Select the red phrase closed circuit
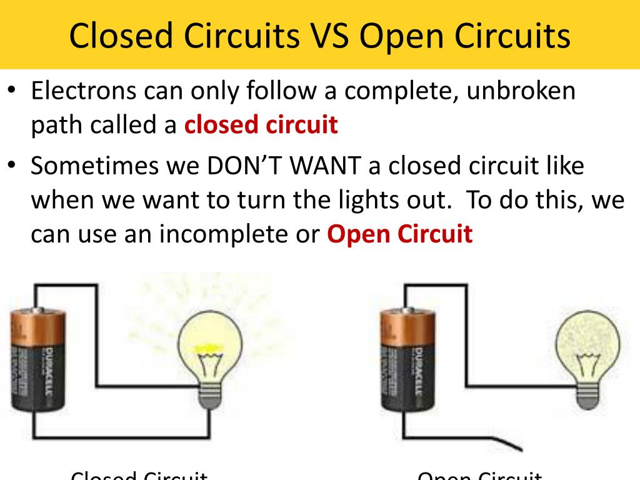point(261,125)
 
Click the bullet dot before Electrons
point(12,90)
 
